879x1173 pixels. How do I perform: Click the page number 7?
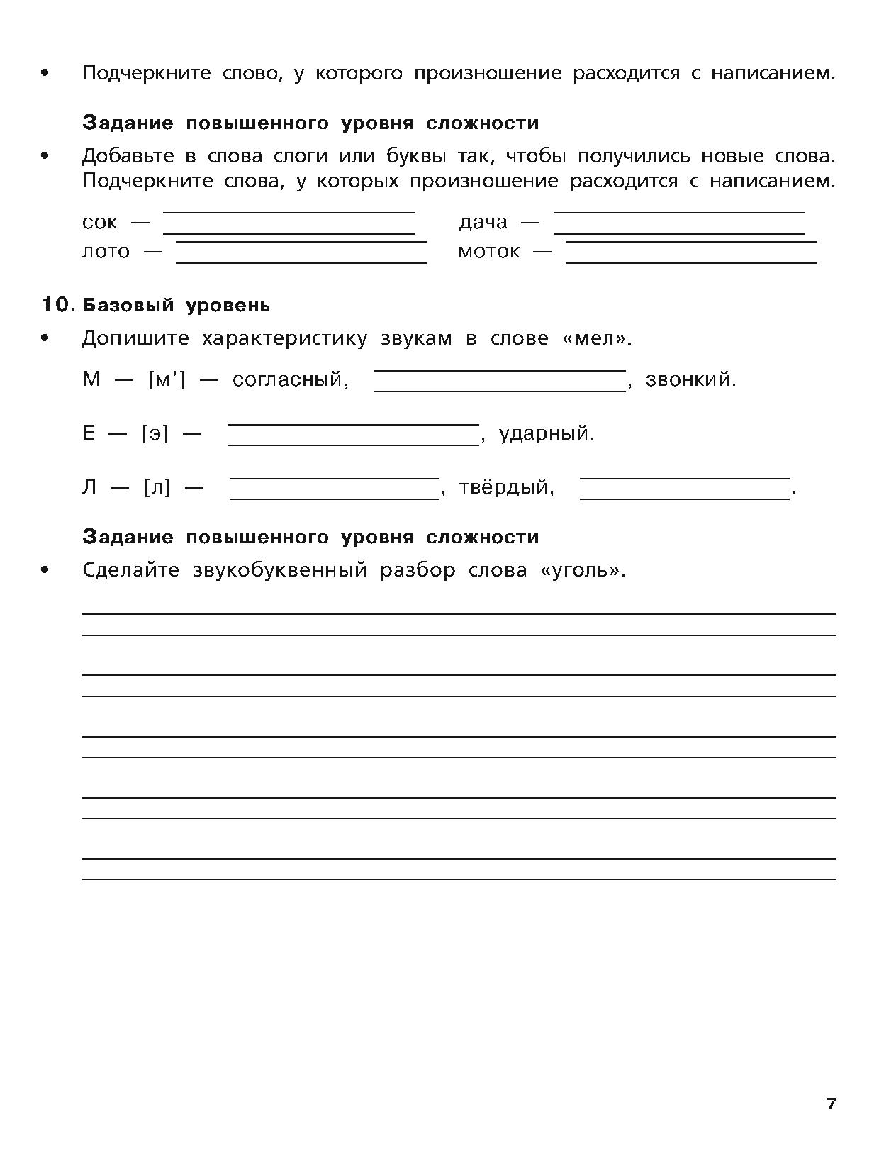(x=832, y=1104)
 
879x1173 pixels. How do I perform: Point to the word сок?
(x=100, y=223)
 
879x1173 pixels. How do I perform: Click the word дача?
(x=483, y=223)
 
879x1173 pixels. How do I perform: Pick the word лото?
(x=106, y=252)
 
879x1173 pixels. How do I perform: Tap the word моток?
(x=489, y=252)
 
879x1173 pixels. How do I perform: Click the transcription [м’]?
(x=167, y=379)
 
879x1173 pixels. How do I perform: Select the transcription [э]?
(x=155, y=433)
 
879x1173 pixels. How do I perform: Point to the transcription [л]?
(x=157, y=488)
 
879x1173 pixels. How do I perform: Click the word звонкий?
(x=690, y=379)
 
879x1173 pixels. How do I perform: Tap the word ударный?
(x=546, y=433)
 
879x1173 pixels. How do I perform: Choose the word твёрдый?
(x=506, y=488)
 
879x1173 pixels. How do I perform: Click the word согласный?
(x=291, y=379)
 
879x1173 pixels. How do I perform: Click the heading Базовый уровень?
(x=177, y=305)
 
